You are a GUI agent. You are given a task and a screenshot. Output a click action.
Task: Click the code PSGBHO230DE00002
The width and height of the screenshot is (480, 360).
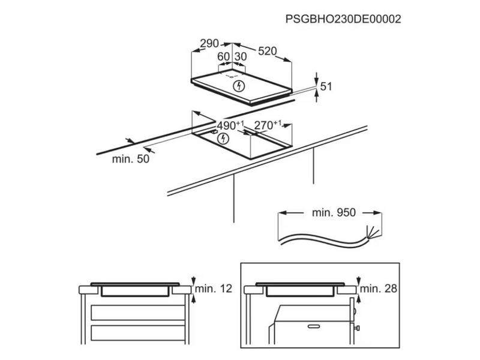coord(343,19)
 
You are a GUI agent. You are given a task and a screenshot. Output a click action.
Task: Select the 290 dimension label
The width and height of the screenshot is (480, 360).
coord(209,43)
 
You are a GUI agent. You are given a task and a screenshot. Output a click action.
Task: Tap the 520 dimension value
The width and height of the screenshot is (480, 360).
coord(267,51)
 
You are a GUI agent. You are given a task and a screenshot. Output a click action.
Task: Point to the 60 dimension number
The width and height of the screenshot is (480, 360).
coord(223,56)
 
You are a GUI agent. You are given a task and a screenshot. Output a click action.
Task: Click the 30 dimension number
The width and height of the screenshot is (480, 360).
coord(241,56)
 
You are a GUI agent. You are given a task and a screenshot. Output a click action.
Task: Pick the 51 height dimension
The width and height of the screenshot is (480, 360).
coord(326,86)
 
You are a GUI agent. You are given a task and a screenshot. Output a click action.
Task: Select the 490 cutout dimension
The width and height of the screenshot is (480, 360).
coord(230,125)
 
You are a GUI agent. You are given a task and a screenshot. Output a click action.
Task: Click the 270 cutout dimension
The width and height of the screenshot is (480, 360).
coord(268,125)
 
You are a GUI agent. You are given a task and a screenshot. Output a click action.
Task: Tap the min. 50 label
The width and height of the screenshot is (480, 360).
coord(131,159)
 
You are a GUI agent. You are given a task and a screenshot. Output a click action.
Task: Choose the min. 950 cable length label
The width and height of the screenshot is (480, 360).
coord(334,212)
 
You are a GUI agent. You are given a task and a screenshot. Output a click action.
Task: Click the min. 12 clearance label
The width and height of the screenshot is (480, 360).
coord(214,289)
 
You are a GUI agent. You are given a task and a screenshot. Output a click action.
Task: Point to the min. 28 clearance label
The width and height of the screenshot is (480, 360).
coord(379,289)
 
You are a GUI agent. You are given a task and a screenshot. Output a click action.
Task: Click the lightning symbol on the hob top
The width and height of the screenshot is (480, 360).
coord(239,86)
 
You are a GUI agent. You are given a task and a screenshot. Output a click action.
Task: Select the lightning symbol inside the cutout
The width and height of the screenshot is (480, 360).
coord(223,139)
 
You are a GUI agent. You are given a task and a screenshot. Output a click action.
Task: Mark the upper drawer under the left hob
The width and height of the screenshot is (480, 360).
coord(138,313)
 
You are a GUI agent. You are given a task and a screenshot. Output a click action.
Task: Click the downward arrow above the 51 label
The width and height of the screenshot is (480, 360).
coord(317,78)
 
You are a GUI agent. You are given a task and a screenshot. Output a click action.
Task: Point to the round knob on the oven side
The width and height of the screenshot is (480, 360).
coord(355,311)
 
